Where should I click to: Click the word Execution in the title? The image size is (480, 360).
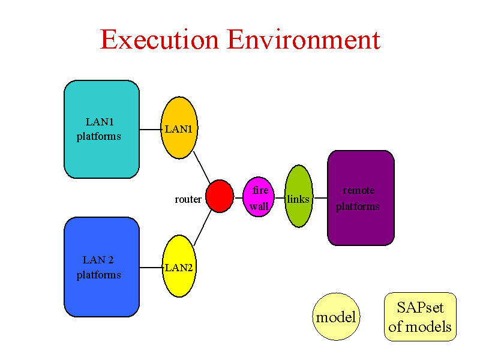(160, 40)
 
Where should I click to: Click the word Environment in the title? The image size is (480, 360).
(304, 40)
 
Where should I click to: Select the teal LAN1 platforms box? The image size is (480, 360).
(101, 129)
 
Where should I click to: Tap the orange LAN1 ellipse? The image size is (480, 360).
(179, 128)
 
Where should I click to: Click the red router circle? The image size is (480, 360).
(220, 196)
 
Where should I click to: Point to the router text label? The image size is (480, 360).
(188, 199)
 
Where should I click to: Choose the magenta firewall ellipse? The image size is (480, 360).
(259, 197)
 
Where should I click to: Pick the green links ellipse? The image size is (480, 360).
(299, 196)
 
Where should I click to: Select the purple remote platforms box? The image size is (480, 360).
(361, 198)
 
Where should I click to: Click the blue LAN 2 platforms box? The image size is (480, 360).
(101, 267)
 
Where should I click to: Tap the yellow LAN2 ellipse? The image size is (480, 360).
(179, 266)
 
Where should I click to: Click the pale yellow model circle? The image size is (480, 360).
(336, 317)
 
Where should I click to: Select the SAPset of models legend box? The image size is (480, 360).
(421, 317)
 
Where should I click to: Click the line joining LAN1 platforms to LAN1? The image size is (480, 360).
(151, 130)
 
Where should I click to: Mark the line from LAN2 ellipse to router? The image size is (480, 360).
(203, 228)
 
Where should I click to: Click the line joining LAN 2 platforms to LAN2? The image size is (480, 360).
(151, 268)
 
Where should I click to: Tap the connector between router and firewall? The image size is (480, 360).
(239, 198)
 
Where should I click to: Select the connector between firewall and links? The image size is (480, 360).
(280, 198)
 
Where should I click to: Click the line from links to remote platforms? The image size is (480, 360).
(320, 198)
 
